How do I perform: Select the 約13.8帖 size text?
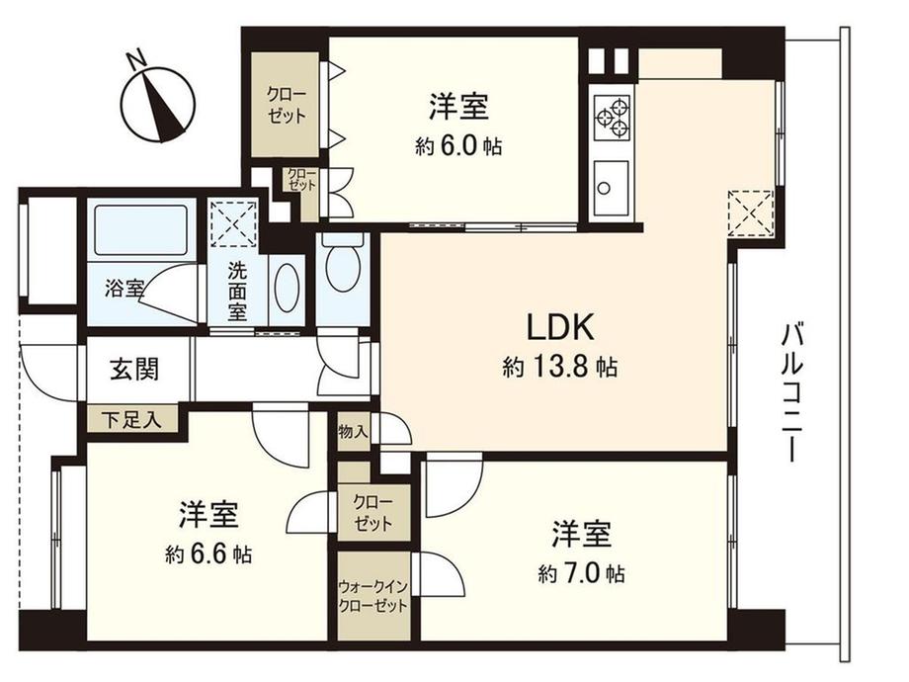click(x=560, y=369)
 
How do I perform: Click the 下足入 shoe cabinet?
click(x=133, y=420)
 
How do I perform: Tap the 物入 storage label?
click(x=353, y=432)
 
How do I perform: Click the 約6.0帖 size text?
click(x=459, y=146)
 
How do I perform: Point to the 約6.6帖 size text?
click(x=208, y=554)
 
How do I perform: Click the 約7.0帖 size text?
click(x=581, y=573)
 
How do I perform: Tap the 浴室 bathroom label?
click(x=124, y=290)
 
